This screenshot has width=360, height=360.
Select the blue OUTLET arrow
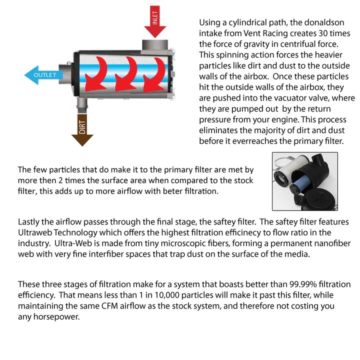point(43,75)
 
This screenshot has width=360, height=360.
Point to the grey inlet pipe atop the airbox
point(154,46)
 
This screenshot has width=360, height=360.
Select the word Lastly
point(29,221)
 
